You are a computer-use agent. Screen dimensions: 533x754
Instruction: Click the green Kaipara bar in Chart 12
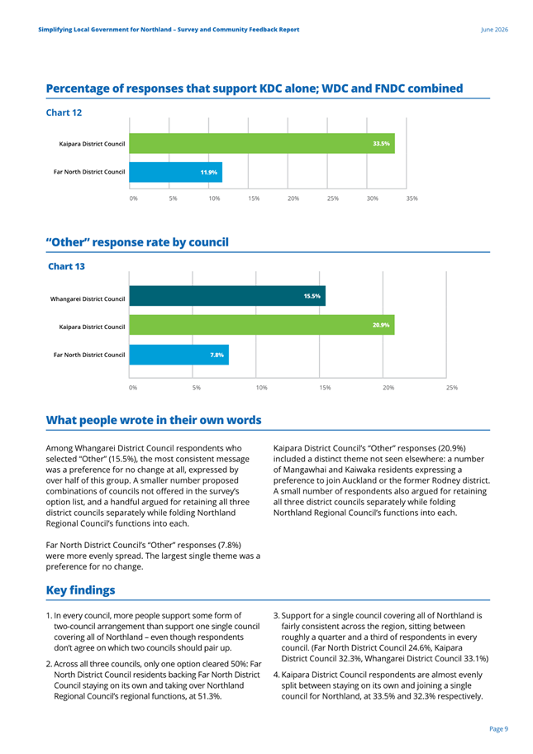pos(262,143)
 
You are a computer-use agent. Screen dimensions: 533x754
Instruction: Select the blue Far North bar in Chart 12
pos(176,172)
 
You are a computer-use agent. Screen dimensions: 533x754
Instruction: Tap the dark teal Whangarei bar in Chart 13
pos(227,296)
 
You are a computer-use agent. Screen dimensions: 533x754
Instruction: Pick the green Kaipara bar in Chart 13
pos(262,325)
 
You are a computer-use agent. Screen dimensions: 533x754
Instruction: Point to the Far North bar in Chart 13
pos(178,355)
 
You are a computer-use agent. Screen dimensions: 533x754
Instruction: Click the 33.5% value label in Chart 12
pos(381,144)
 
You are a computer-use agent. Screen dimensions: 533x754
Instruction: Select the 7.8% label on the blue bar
pos(217,355)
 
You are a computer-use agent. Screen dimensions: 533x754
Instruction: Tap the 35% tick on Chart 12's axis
pos(412,198)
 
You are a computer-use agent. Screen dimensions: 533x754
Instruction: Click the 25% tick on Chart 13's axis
pos(452,388)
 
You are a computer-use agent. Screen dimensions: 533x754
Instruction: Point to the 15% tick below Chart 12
pos(254,198)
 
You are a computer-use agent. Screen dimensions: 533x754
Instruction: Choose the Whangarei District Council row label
pos(88,299)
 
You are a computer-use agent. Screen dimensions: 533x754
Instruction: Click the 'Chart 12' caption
pos(64,112)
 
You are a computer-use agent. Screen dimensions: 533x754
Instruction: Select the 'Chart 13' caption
pos(66,266)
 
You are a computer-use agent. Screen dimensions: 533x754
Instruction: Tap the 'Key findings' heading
pos(81,590)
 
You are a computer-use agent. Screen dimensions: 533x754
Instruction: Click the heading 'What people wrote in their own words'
pos(154,420)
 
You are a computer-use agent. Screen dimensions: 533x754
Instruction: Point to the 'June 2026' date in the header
pos(494,29)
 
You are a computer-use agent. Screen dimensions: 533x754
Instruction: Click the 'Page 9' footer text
pos(499,729)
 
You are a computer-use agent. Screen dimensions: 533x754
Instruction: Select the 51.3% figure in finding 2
pos(210,696)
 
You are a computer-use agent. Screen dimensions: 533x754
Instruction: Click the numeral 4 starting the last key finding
pos(276,675)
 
